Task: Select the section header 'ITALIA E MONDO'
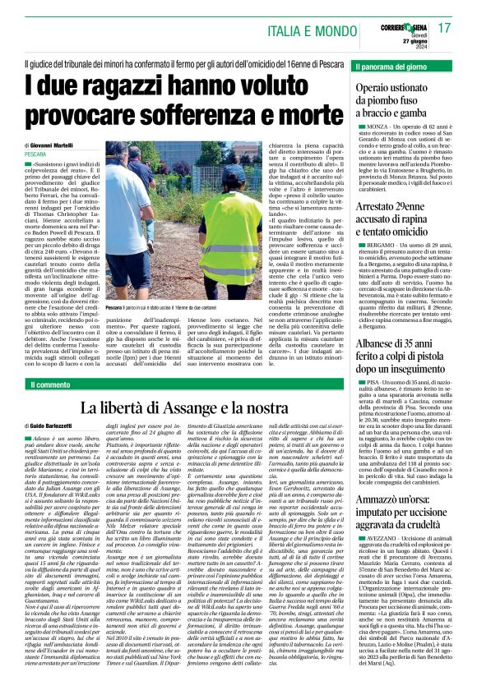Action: (x=308, y=30)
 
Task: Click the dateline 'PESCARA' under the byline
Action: (x=35, y=154)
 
